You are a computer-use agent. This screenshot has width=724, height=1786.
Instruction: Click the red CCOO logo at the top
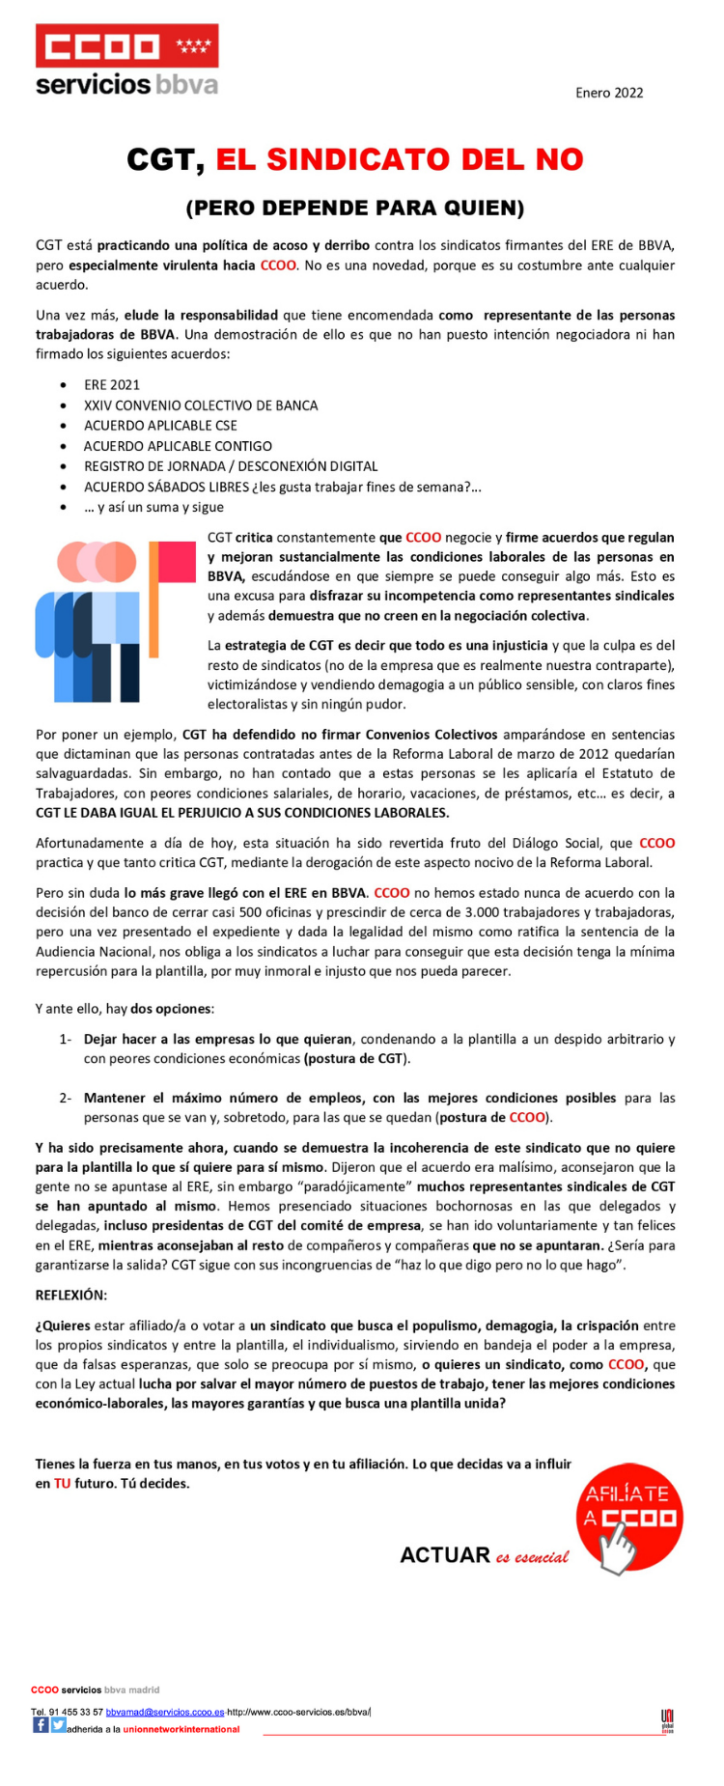(126, 46)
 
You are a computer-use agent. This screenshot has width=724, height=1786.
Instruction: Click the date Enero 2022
(609, 93)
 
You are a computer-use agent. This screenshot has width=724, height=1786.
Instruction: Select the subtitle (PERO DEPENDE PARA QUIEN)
(355, 208)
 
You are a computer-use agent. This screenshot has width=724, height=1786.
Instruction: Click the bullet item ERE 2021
(112, 384)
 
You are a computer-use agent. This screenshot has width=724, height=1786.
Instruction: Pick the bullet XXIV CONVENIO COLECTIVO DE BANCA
(201, 405)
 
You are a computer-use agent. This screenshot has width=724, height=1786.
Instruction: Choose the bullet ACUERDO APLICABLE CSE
(160, 426)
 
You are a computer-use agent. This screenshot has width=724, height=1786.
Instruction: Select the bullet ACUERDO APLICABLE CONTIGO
(178, 446)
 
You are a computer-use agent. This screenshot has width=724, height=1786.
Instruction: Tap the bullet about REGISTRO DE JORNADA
(231, 466)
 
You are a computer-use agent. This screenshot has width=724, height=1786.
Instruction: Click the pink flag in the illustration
(177, 562)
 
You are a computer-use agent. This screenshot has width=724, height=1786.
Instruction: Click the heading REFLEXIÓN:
(71, 1295)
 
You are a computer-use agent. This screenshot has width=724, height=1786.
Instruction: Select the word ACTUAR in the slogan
(445, 1555)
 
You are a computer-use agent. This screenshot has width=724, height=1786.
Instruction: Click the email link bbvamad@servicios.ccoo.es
(165, 1712)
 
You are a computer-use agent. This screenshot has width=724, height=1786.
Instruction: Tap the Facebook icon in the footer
(41, 1725)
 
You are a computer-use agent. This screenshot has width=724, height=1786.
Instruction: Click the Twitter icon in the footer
(58, 1725)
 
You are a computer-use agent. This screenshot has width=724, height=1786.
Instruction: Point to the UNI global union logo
(667, 1720)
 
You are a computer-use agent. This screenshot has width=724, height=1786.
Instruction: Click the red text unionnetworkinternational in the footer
(181, 1729)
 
